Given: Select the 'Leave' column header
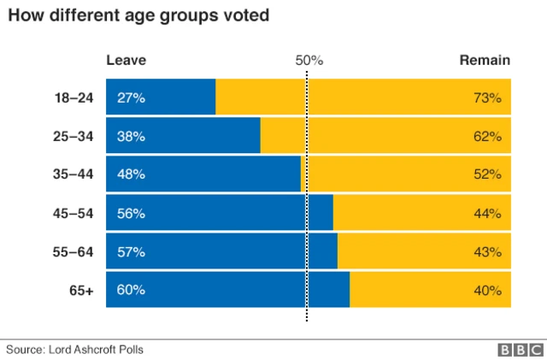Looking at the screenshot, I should tap(126, 60).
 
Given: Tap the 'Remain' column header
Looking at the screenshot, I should tap(485, 60).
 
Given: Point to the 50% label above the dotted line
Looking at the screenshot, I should tap(309, 60).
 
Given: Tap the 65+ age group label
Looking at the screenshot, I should tap(81, 291).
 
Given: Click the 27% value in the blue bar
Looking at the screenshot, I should tap(131, 97).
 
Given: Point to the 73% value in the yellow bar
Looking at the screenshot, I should tap(486, 97).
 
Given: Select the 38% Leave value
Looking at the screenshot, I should tap(131, 136).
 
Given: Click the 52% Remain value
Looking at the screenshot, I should tap(486, 174).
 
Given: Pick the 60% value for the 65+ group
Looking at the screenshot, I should tap(131, 291).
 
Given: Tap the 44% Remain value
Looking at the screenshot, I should tap(486, 214).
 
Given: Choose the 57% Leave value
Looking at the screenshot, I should tap(131, 252).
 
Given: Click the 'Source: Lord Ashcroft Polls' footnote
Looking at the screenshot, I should tap(75, 349).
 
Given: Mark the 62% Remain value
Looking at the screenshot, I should tap(486, 136).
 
